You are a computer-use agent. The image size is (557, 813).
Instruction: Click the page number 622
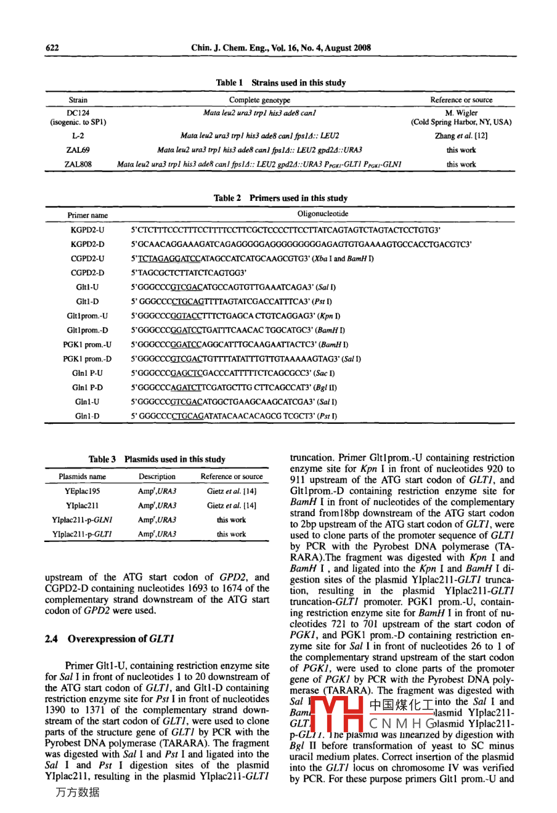point(52,48)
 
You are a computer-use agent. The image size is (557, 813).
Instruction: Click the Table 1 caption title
point(280,83)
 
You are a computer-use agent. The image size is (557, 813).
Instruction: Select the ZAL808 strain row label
point(78,164)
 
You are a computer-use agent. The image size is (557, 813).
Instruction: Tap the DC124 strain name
point(78,113)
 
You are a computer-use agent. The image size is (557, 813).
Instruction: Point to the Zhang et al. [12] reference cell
point(461,135)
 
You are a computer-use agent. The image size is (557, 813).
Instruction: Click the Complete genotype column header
point(259,100)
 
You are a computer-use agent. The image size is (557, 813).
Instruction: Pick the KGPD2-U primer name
point(87,230)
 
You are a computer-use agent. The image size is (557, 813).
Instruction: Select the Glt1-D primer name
point(87,302)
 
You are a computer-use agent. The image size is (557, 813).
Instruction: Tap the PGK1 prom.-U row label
point(87,345)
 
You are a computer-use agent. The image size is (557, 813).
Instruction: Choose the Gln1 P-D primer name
point(87,388)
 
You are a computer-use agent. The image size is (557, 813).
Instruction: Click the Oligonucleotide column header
point(323,214)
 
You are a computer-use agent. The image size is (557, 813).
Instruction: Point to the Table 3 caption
point(157,459)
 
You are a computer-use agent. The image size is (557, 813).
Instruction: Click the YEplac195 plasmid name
point(82,491)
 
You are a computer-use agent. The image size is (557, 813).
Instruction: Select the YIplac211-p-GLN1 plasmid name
point(82,520)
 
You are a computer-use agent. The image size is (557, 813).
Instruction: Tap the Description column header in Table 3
point(157,477)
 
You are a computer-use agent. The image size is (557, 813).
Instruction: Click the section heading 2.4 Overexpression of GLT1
point(110,639)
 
